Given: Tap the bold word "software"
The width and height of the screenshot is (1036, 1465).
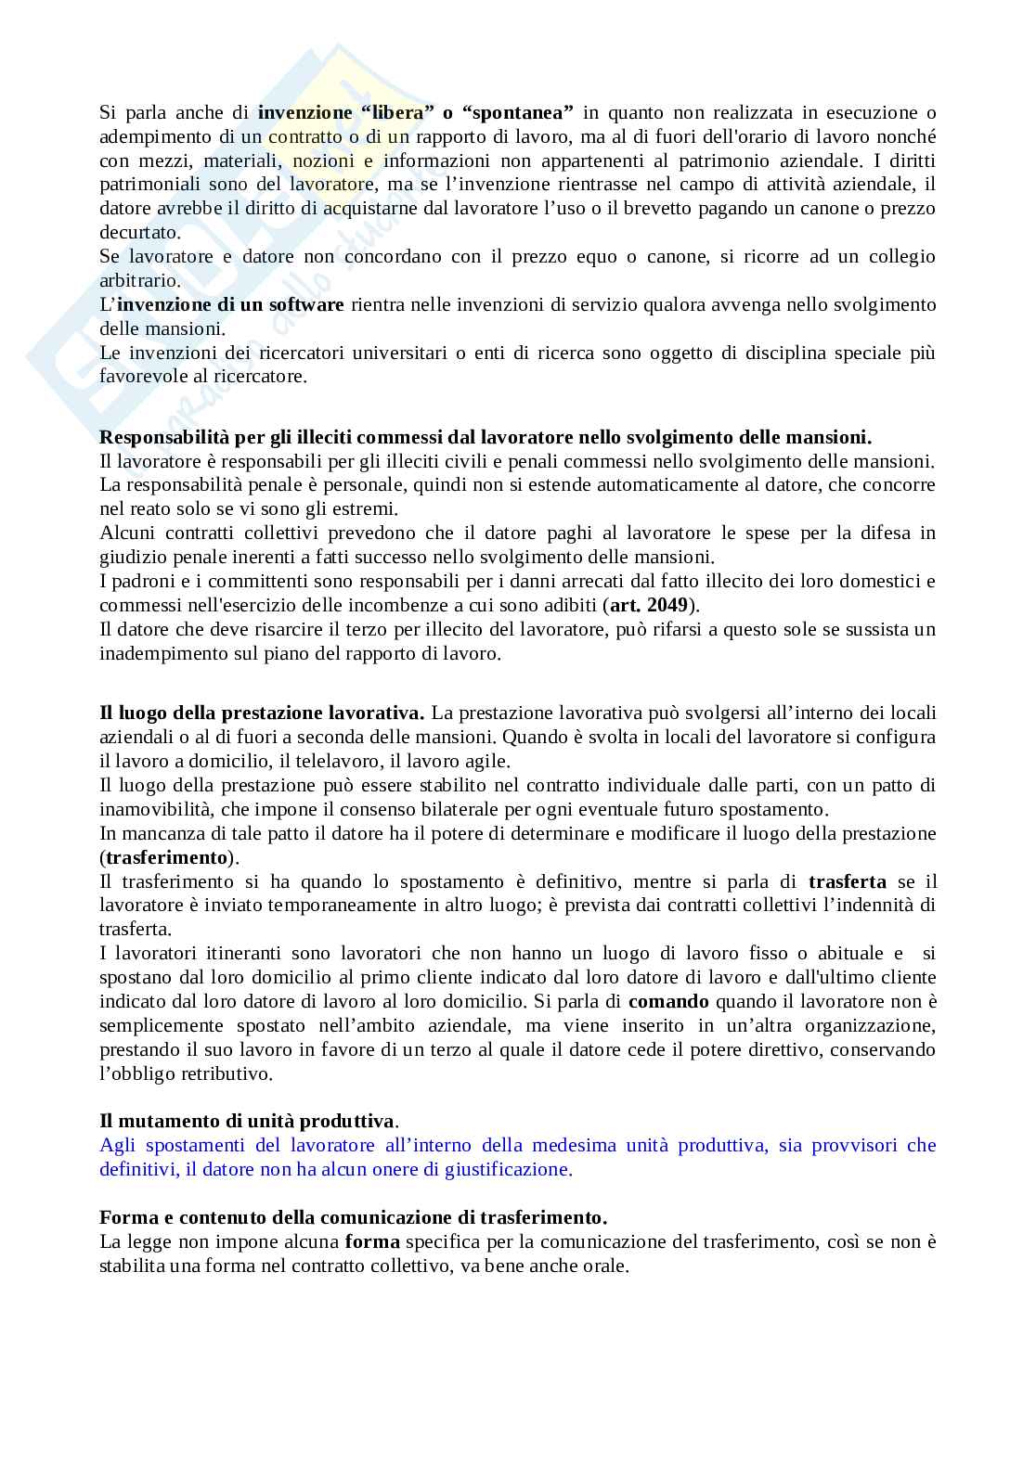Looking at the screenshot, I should (306, 305).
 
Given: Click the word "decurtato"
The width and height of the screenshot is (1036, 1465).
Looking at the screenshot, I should (139, 233).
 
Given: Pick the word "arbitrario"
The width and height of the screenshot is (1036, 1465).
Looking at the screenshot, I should (139, 281).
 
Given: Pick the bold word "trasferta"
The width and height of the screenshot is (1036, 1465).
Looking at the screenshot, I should (847, 881).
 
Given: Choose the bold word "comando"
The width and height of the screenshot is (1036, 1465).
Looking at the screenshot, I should (668, 1002).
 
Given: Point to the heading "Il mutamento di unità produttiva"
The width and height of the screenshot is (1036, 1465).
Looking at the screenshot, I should (247, 1121).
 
